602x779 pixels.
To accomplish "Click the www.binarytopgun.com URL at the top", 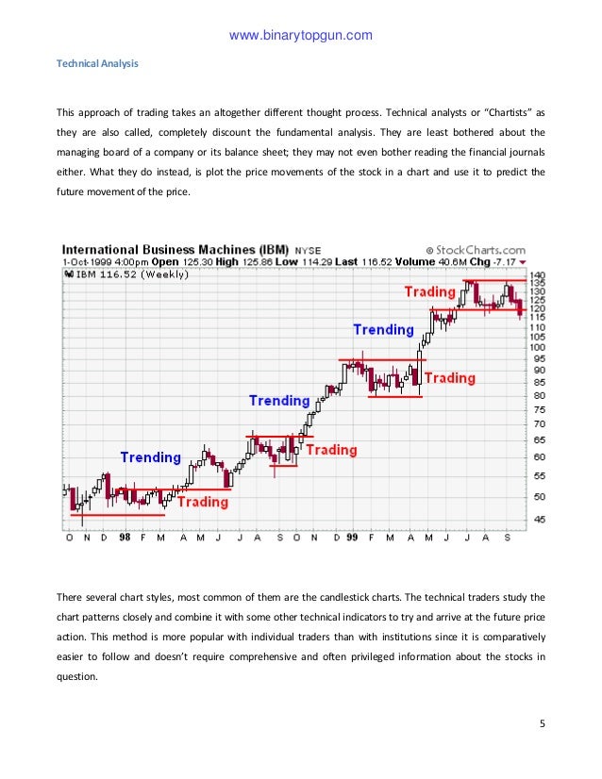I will pyautogui.click(x=301, y=37).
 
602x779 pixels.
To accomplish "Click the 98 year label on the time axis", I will pyautogui.click(x=125, y=538).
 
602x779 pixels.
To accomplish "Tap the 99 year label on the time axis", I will pyautogui.click(x=351, y=538).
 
